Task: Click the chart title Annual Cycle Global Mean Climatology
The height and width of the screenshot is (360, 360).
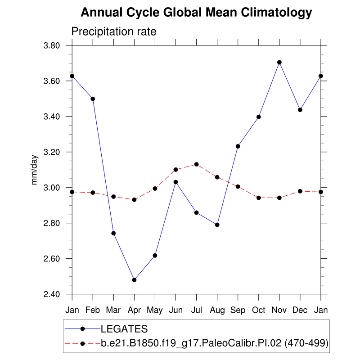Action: (196, 13)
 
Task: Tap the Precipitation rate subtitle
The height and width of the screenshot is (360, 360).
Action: (114, 32)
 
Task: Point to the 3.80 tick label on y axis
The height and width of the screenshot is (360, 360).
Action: (53, 45)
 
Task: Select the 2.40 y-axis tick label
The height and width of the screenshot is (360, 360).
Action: (53, 294)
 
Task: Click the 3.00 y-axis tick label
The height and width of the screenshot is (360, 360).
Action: (53, 188)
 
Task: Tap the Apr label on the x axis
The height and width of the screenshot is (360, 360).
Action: (134, 310)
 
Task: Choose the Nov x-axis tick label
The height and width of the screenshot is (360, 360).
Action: (279, 310)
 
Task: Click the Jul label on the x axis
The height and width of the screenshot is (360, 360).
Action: (196, 310)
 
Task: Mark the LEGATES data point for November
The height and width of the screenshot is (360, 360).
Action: (279, 62)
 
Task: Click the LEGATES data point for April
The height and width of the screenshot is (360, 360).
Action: (134, 280)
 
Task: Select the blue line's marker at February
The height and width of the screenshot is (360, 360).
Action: (93, 99)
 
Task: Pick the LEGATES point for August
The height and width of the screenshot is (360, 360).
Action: (217, 225)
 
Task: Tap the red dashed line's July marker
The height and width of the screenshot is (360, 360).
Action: (196, 164)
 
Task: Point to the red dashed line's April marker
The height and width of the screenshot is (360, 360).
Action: (134, 199)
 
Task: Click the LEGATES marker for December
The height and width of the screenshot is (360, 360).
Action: (300, 110)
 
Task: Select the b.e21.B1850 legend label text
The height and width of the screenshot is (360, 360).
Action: (214, 343)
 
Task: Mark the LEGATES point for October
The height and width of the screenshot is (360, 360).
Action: (259, 117)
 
